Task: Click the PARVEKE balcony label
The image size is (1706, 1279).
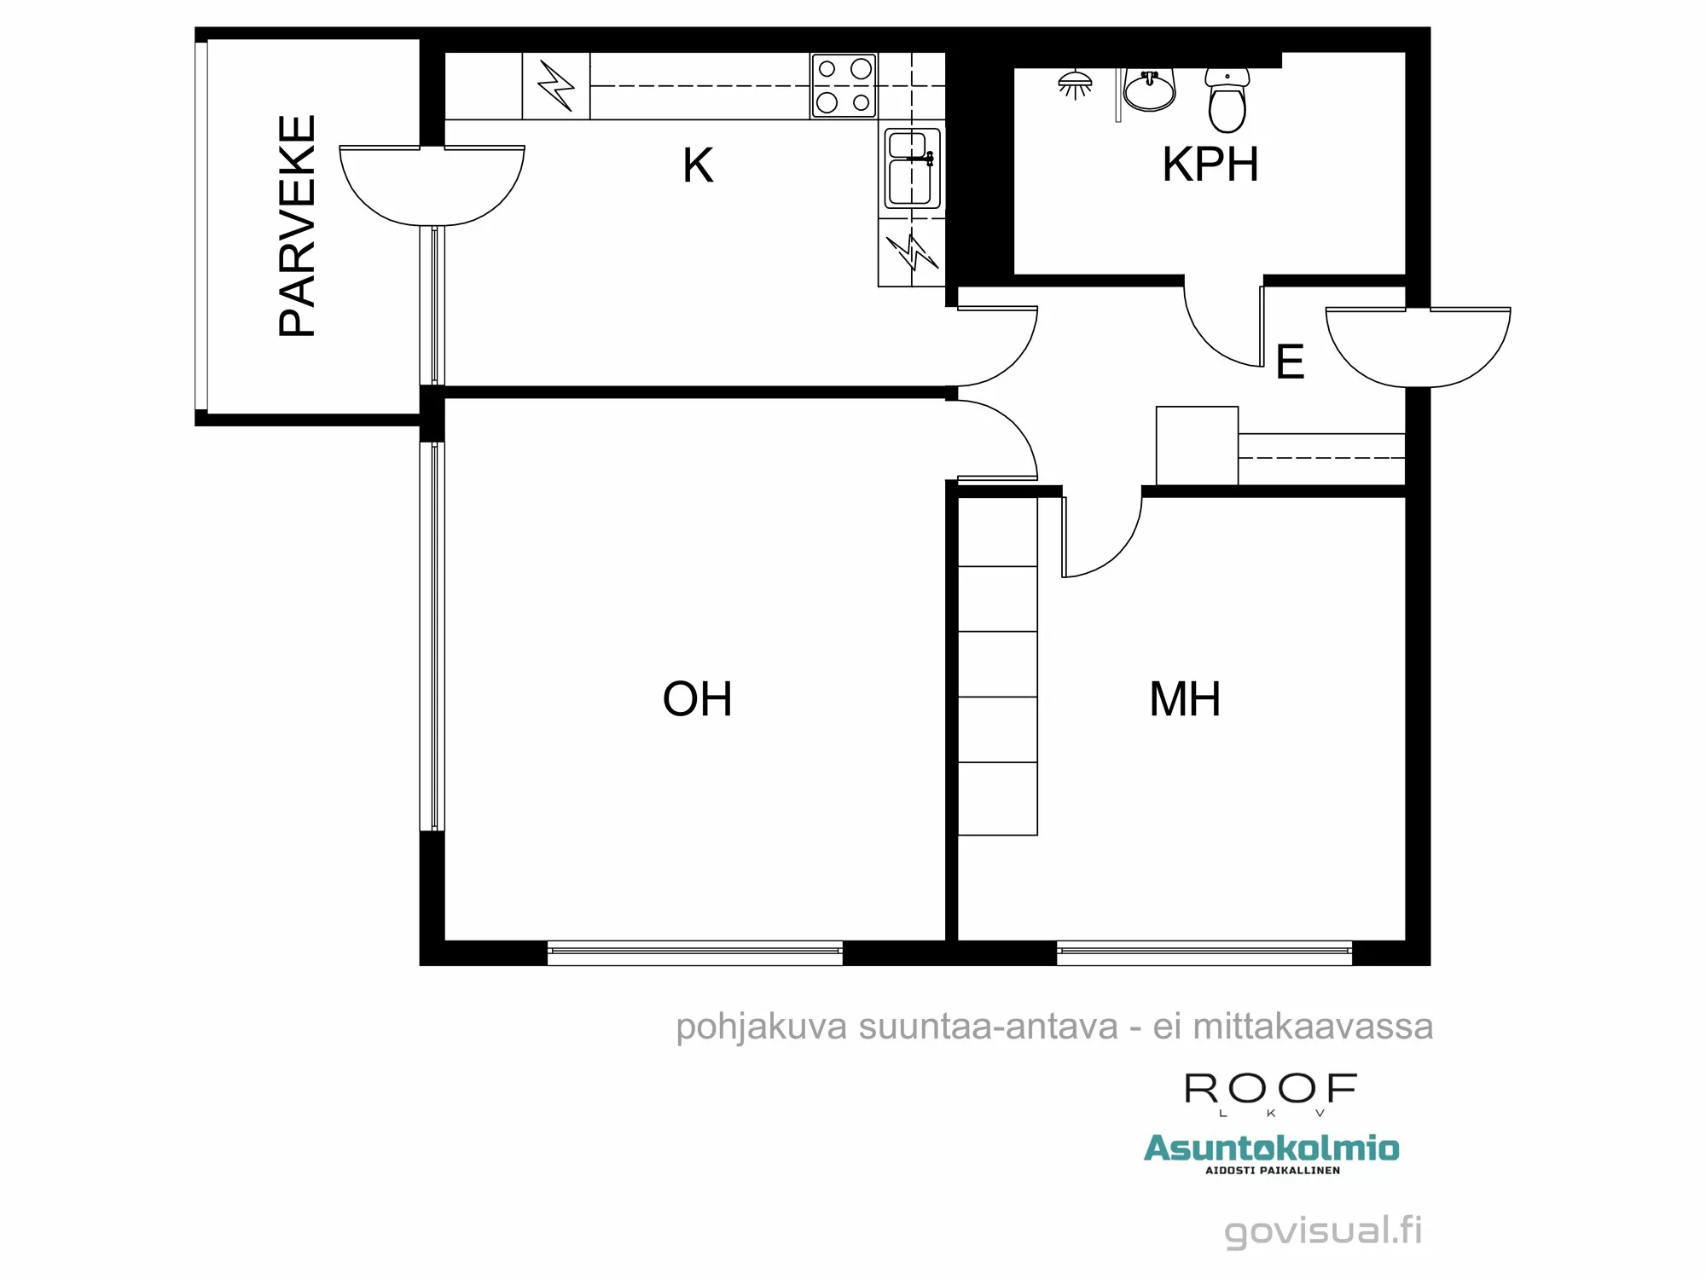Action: [x=298, y=226]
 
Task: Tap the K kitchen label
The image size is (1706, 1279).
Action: [x=697, y=165]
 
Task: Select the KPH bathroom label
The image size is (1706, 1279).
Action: [x=1210, y=165]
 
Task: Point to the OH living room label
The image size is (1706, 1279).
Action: [x=697, y=699]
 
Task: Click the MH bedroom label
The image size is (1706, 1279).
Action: [x=1184, y=699]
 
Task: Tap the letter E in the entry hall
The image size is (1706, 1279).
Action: [x=1290, y=362]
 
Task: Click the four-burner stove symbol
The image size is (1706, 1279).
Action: [x=843, y=85]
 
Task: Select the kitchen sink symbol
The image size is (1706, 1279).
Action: [x=912, y=168]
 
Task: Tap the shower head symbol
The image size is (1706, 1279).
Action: [x=1075, y=84]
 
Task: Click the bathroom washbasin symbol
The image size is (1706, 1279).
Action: [x=1149, y=90]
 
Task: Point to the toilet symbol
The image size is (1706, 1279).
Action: [x=1227, y=100]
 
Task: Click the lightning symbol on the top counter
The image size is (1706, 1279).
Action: [x=555, y=86]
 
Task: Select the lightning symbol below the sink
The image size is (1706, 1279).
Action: [x=912, y=252]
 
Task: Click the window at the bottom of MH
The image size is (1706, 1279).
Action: [x=1204, y=952]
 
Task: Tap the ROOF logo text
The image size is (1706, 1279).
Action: [x=1270, y=1089]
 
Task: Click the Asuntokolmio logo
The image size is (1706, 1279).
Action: [x=1271, y=1149]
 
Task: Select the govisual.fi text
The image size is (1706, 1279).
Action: [x=1323, y=1230]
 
